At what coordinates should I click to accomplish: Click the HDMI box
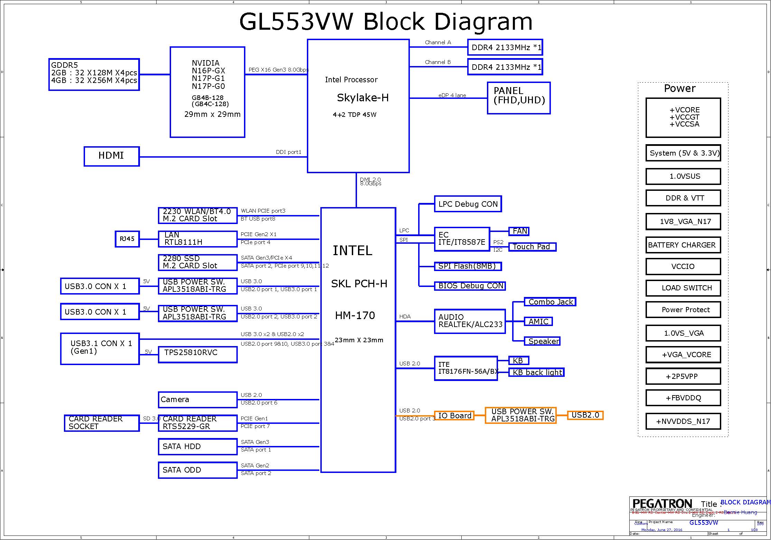click(x=112, y=156)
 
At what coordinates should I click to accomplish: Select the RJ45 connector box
click(x=127, y=239)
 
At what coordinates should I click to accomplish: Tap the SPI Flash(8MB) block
click(x=468, y=266)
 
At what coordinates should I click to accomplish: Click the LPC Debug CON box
click(x=468, y=204)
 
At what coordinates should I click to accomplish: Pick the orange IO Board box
click(x=454, y=416)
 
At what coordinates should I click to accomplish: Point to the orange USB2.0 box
click(x=585, y=415)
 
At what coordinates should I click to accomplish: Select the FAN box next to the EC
click(x=519, y=231)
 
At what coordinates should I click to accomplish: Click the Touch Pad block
click(x=532, y=247)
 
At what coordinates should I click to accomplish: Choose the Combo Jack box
click(x=550, y=302)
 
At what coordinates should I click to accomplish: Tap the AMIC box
click(x=538, y=322)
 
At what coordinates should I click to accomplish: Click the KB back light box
click(x=536, y=372)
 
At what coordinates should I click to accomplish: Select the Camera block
click(x=198, y=400)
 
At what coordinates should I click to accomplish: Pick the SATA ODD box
click(x=198, y=470)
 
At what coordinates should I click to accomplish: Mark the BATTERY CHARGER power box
click(x=683, y=245)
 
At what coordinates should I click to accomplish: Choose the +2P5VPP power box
click(x=683, y=376)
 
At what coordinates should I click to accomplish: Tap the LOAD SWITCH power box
click(x=683, y=288)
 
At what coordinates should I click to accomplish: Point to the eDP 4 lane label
click(x=452, y=95)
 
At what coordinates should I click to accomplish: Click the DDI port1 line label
click(x=289, y=152)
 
